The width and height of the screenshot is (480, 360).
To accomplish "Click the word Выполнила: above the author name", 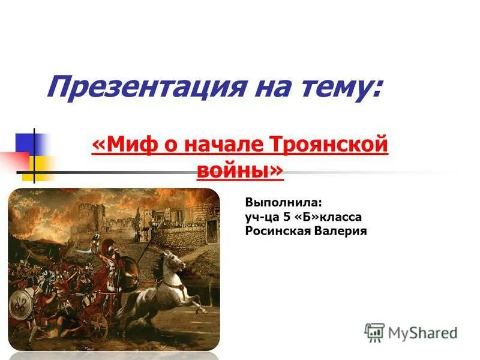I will pos(279,202).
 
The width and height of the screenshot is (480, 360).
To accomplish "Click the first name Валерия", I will pos(339,231).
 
